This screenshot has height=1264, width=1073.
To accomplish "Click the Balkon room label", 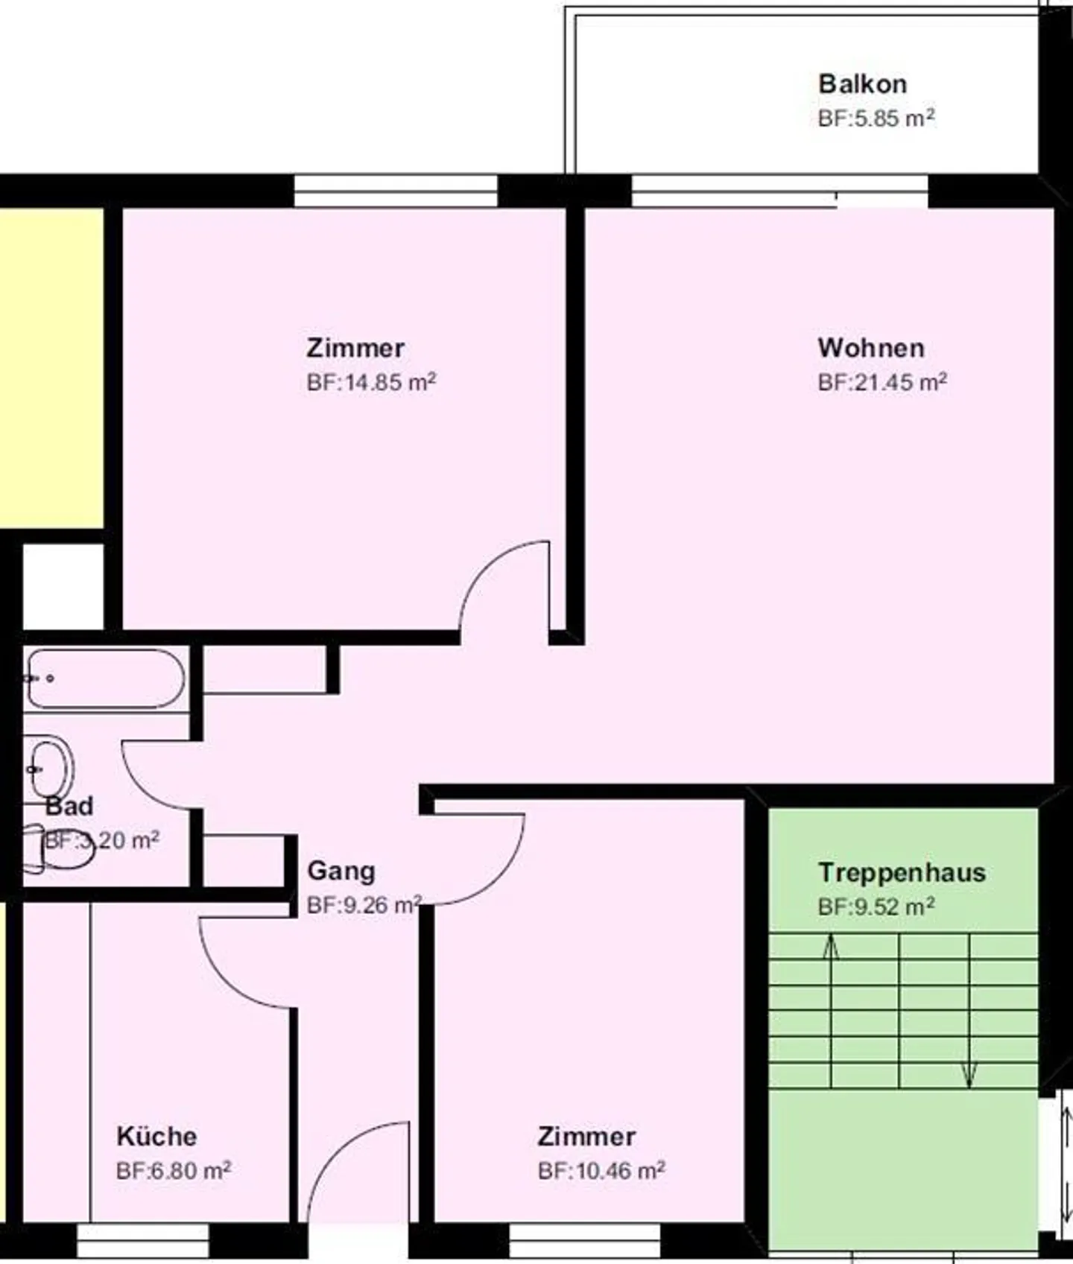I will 862,84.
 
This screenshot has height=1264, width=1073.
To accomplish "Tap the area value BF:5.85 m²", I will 876,118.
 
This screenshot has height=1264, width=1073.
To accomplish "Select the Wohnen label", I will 870,348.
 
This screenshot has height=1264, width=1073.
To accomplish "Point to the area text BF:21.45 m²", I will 881,382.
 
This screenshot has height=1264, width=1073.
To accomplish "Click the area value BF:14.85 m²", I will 371,382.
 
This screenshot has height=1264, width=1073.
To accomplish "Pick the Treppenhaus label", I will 901,872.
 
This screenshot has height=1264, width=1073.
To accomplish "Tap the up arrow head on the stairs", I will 831,947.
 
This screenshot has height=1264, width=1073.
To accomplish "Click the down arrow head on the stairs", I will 969,1076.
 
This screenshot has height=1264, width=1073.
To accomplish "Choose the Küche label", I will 156,1136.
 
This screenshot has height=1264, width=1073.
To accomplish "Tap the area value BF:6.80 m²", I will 173,1170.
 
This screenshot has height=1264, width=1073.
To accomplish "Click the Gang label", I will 341,870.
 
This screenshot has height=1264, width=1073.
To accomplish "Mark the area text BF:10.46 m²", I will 601,1170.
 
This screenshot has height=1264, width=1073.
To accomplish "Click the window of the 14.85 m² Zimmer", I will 395,191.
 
